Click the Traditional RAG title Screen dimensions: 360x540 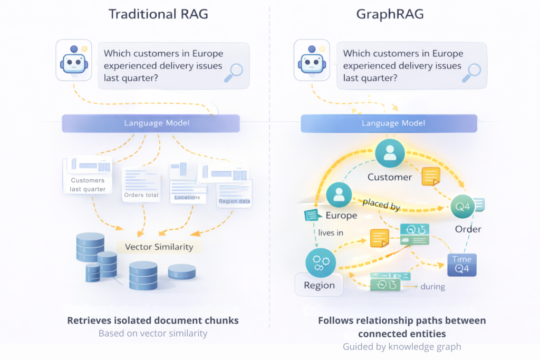158,14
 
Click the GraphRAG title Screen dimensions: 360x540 390,14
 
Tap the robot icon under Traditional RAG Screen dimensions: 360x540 74,62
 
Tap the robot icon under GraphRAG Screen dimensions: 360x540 311,62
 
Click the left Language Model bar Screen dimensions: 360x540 151,123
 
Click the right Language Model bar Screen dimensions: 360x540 389,123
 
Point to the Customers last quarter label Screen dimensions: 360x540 88,184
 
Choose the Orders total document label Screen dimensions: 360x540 141,195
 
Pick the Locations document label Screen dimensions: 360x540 187,198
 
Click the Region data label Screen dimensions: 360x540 235,201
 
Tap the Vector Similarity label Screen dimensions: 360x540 159,247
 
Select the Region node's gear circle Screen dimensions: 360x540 320,262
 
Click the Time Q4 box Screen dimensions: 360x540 462,265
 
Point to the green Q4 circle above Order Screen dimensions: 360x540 462,207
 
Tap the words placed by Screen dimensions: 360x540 381,205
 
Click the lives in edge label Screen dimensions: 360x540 331,232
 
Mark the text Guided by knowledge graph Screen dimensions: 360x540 402,346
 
